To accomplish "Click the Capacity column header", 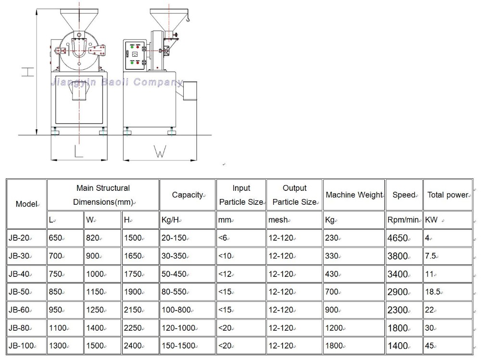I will (188, 195).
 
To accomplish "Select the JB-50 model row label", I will (20, 292).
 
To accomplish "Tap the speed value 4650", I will (398, 238).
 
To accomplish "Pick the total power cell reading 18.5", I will (432, 292).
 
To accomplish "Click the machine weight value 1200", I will (334, 328).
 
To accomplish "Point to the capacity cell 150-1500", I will (178, 346).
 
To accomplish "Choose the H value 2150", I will (133, 310).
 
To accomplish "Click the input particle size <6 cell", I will (223, 238).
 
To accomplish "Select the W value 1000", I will (96, 274).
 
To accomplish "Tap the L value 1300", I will (58, 346).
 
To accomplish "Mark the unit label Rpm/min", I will (403, 220).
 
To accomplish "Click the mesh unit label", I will (278, 220).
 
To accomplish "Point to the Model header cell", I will (26, 204).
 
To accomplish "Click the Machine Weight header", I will (354, 195).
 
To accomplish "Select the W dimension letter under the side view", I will (159, 151).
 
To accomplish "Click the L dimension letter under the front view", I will (78, 151).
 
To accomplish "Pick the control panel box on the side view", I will (135, 55).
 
